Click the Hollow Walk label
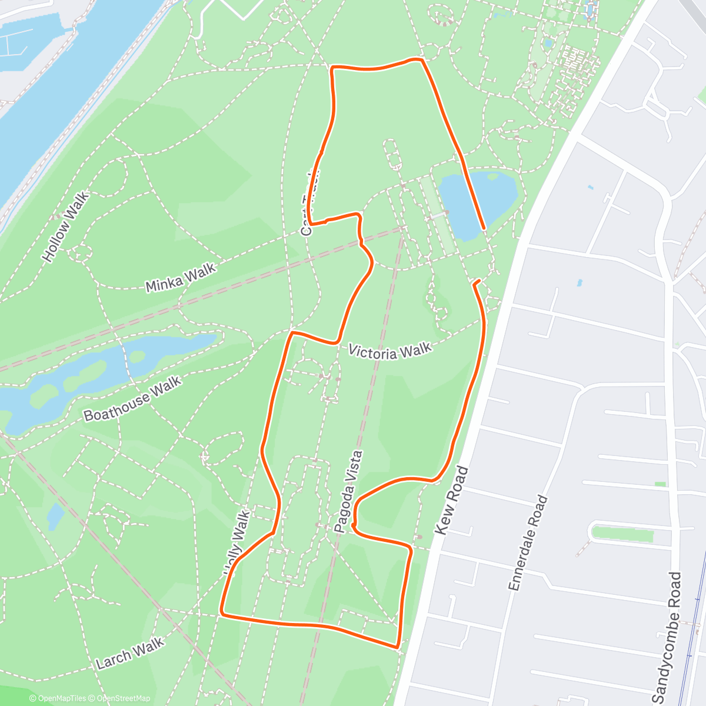pyautogui.click(x=66, y=227)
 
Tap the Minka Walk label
pyautogui.click(x=180, y=277)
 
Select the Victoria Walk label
pyautogui.click(x=390, y=351)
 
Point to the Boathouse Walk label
pyautogui.click(x=132, y=399)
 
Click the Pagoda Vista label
pyautogui.click(x=348, y=492)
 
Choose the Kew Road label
pyautogui.click(x=452, y=500)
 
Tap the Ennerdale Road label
pyautogui.click(x=528, y=542)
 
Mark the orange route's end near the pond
pyautogui.click(x=484, y=228)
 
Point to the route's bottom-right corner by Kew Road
pyautogui.click(x=399, y=646)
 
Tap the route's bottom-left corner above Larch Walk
pyautogui.click(x=222, y=614)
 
